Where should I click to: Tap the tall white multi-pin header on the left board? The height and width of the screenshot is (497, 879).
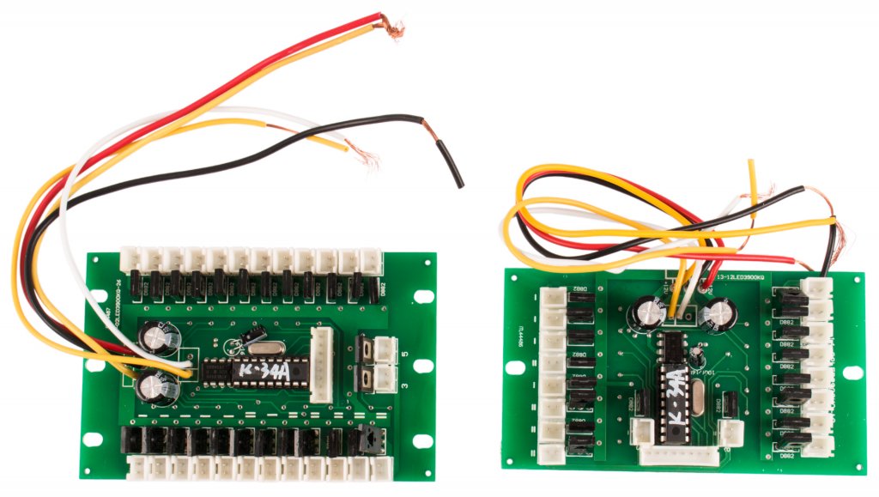tap(323, 364)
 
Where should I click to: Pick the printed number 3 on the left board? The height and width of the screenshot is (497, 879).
tap(403, 386)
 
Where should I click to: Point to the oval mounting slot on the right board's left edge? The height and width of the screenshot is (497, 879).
tap(515, 366)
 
